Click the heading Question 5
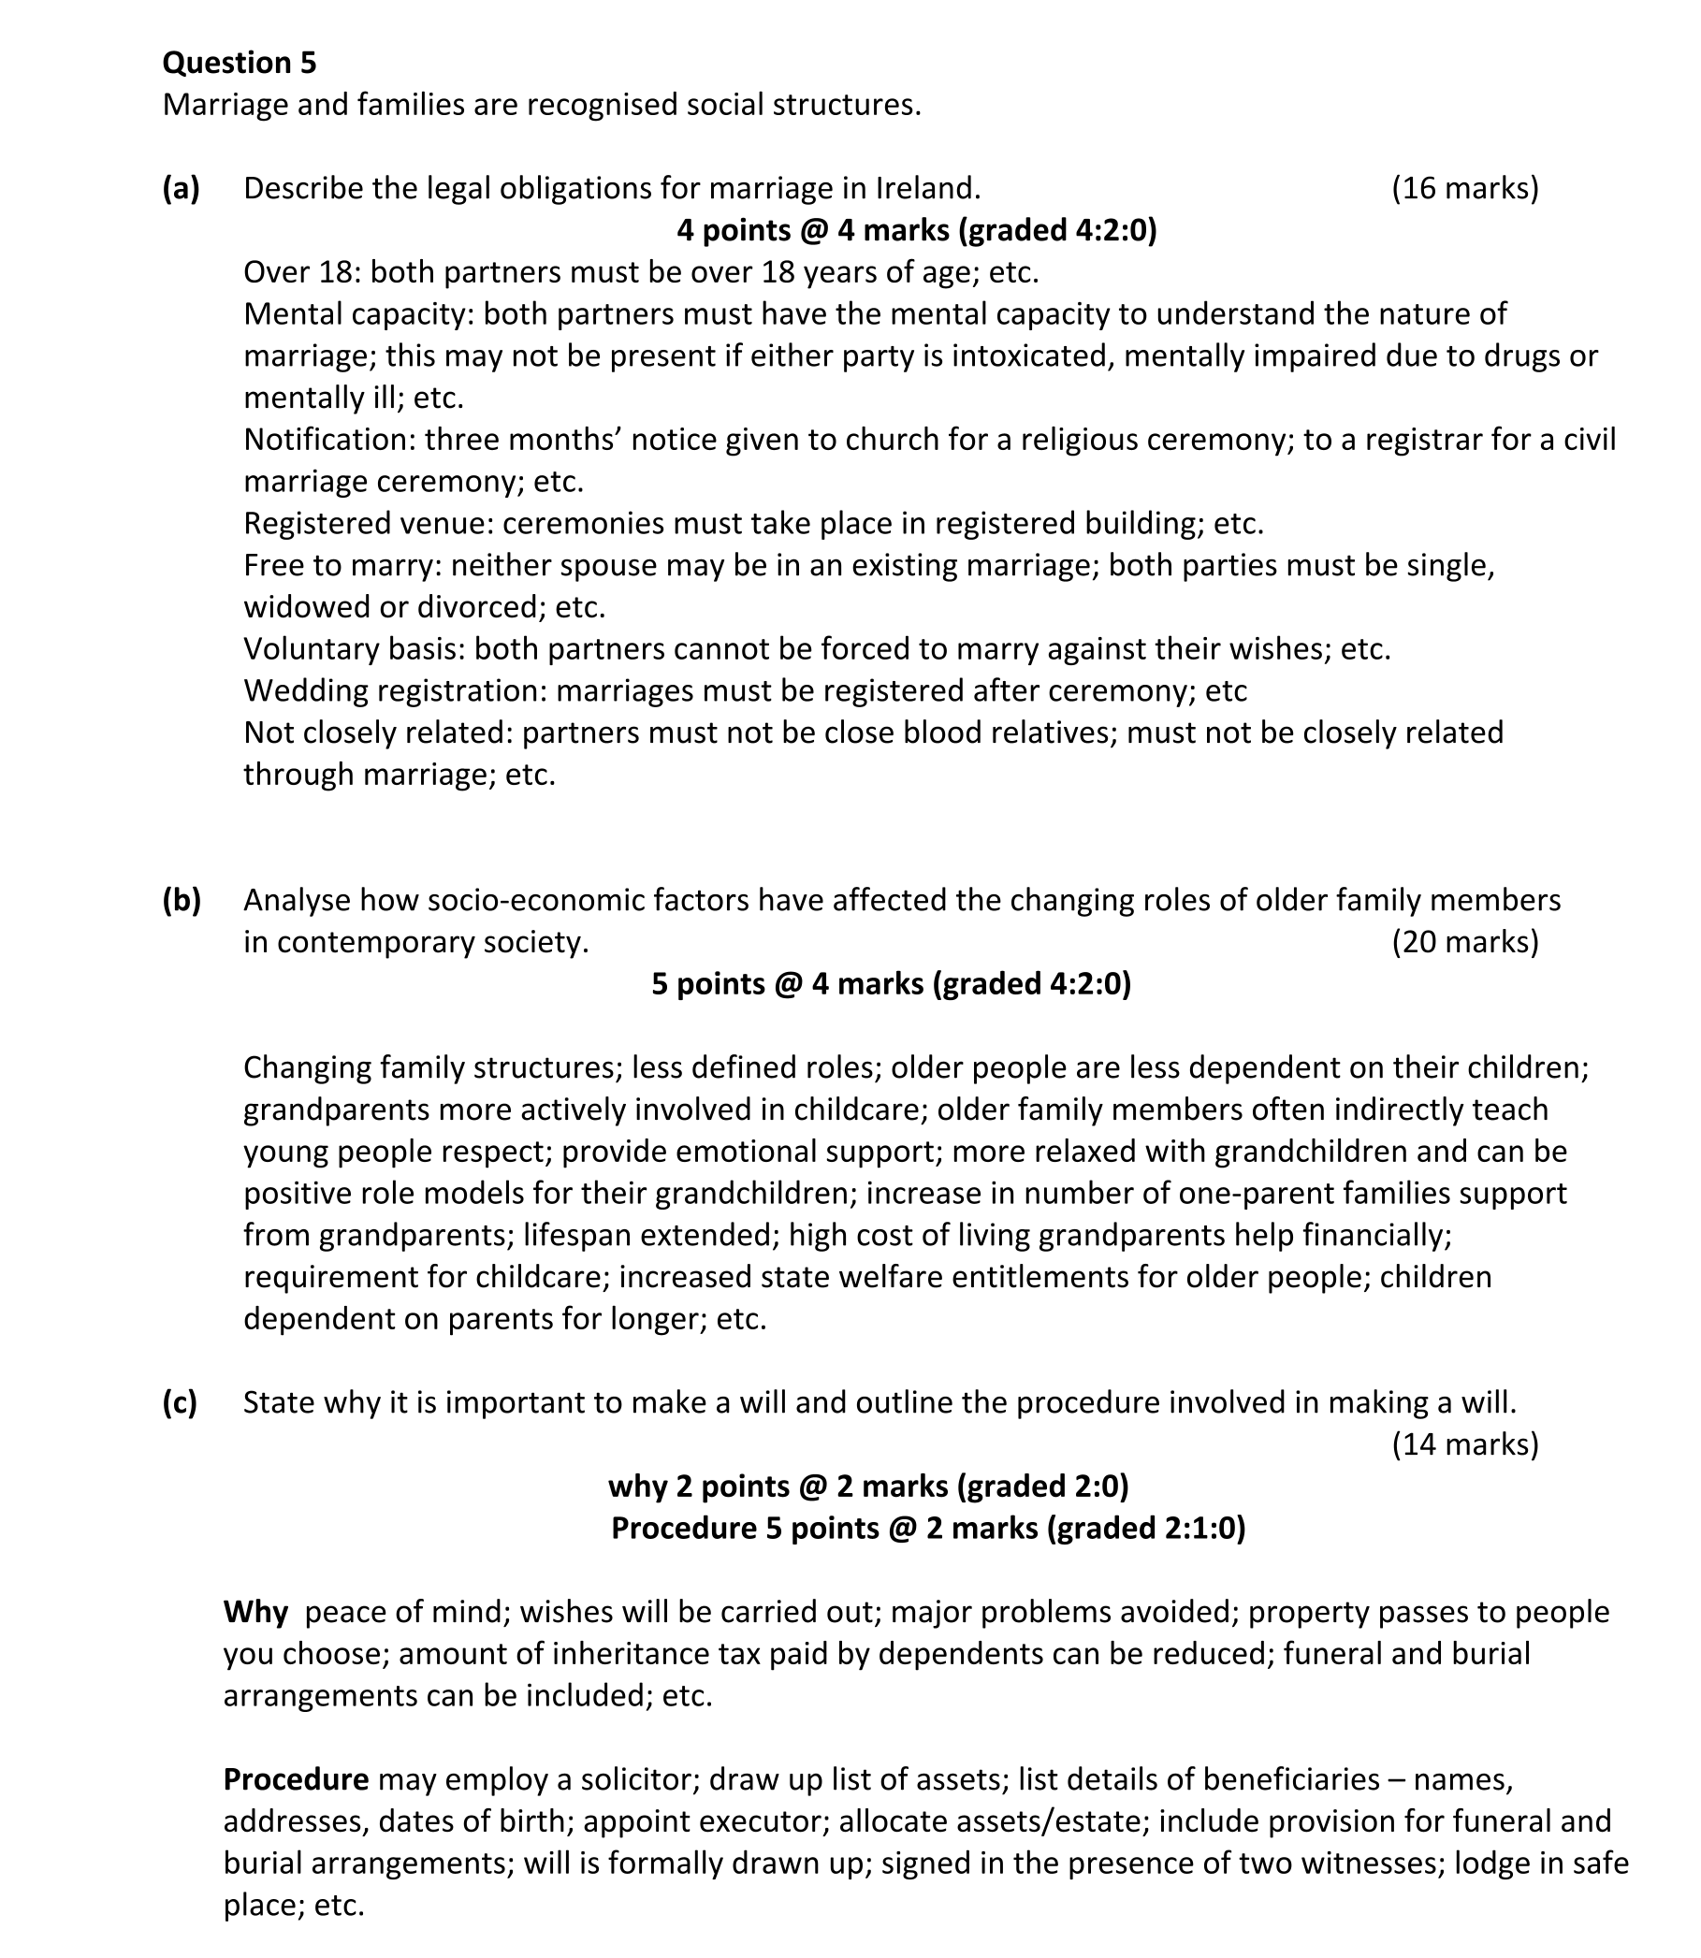tap(240, 63)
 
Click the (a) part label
tap(182, 189)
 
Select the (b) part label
tap(182, 900)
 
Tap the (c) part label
tap(181, 1402)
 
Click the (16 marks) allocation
tap(1464, 189)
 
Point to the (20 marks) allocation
tap(1464, 941)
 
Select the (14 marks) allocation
tap(1464, 1444)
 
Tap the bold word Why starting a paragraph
tap(255, 1613)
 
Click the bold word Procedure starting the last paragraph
tap(296, 1779)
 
